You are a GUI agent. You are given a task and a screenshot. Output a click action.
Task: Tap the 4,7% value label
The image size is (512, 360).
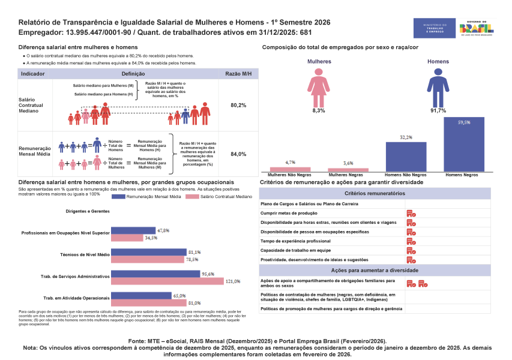[291, 163]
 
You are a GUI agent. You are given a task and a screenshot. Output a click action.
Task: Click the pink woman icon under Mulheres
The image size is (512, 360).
[319, 86]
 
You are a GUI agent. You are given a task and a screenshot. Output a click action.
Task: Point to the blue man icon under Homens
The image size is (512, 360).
[438, 86]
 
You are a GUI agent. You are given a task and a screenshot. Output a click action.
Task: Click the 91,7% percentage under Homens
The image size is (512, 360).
[438, 111]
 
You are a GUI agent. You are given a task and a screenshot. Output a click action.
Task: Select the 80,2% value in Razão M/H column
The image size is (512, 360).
[238, 105]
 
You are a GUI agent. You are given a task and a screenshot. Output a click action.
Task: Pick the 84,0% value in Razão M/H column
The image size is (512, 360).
[238, 154]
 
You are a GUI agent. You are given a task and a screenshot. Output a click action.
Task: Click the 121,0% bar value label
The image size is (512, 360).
[233, 281]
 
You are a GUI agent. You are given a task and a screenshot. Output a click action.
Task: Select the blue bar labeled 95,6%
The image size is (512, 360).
[156, 274]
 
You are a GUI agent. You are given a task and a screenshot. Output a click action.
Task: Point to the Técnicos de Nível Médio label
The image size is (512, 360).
[85, 254]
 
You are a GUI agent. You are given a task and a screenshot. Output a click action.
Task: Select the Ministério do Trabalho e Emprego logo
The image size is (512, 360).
[433, 28]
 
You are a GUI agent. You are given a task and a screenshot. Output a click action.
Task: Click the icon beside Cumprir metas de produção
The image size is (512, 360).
[411, 213]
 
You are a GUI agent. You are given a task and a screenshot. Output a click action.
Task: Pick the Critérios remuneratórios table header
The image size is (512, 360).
[375, 194]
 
